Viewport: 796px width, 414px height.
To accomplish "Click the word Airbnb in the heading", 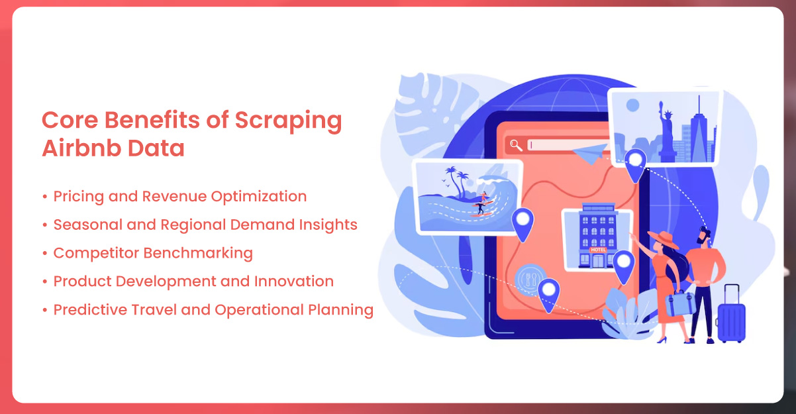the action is (x=81, y=148).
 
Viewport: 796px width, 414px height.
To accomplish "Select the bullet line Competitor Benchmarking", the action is (x=153, y=254).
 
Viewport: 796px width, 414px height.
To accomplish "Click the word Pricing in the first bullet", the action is (x=79, y=197).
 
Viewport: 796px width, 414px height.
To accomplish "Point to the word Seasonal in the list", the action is (x=88, y=225).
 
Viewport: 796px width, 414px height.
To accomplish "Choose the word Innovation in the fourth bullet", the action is (x=294, y=282).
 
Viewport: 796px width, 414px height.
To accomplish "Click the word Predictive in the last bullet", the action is (x=90, y=309).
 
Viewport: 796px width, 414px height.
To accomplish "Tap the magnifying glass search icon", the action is (x=516, y=145).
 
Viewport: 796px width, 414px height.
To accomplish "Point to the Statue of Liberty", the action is (x=666, y=131).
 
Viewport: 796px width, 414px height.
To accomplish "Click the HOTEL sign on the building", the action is (x=598, y=250).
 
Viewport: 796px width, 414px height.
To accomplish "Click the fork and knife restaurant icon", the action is (x=530, y=280).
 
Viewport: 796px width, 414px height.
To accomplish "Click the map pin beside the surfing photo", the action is (x=522, y=225).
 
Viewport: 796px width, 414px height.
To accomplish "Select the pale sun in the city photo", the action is (x=632, y=105).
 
